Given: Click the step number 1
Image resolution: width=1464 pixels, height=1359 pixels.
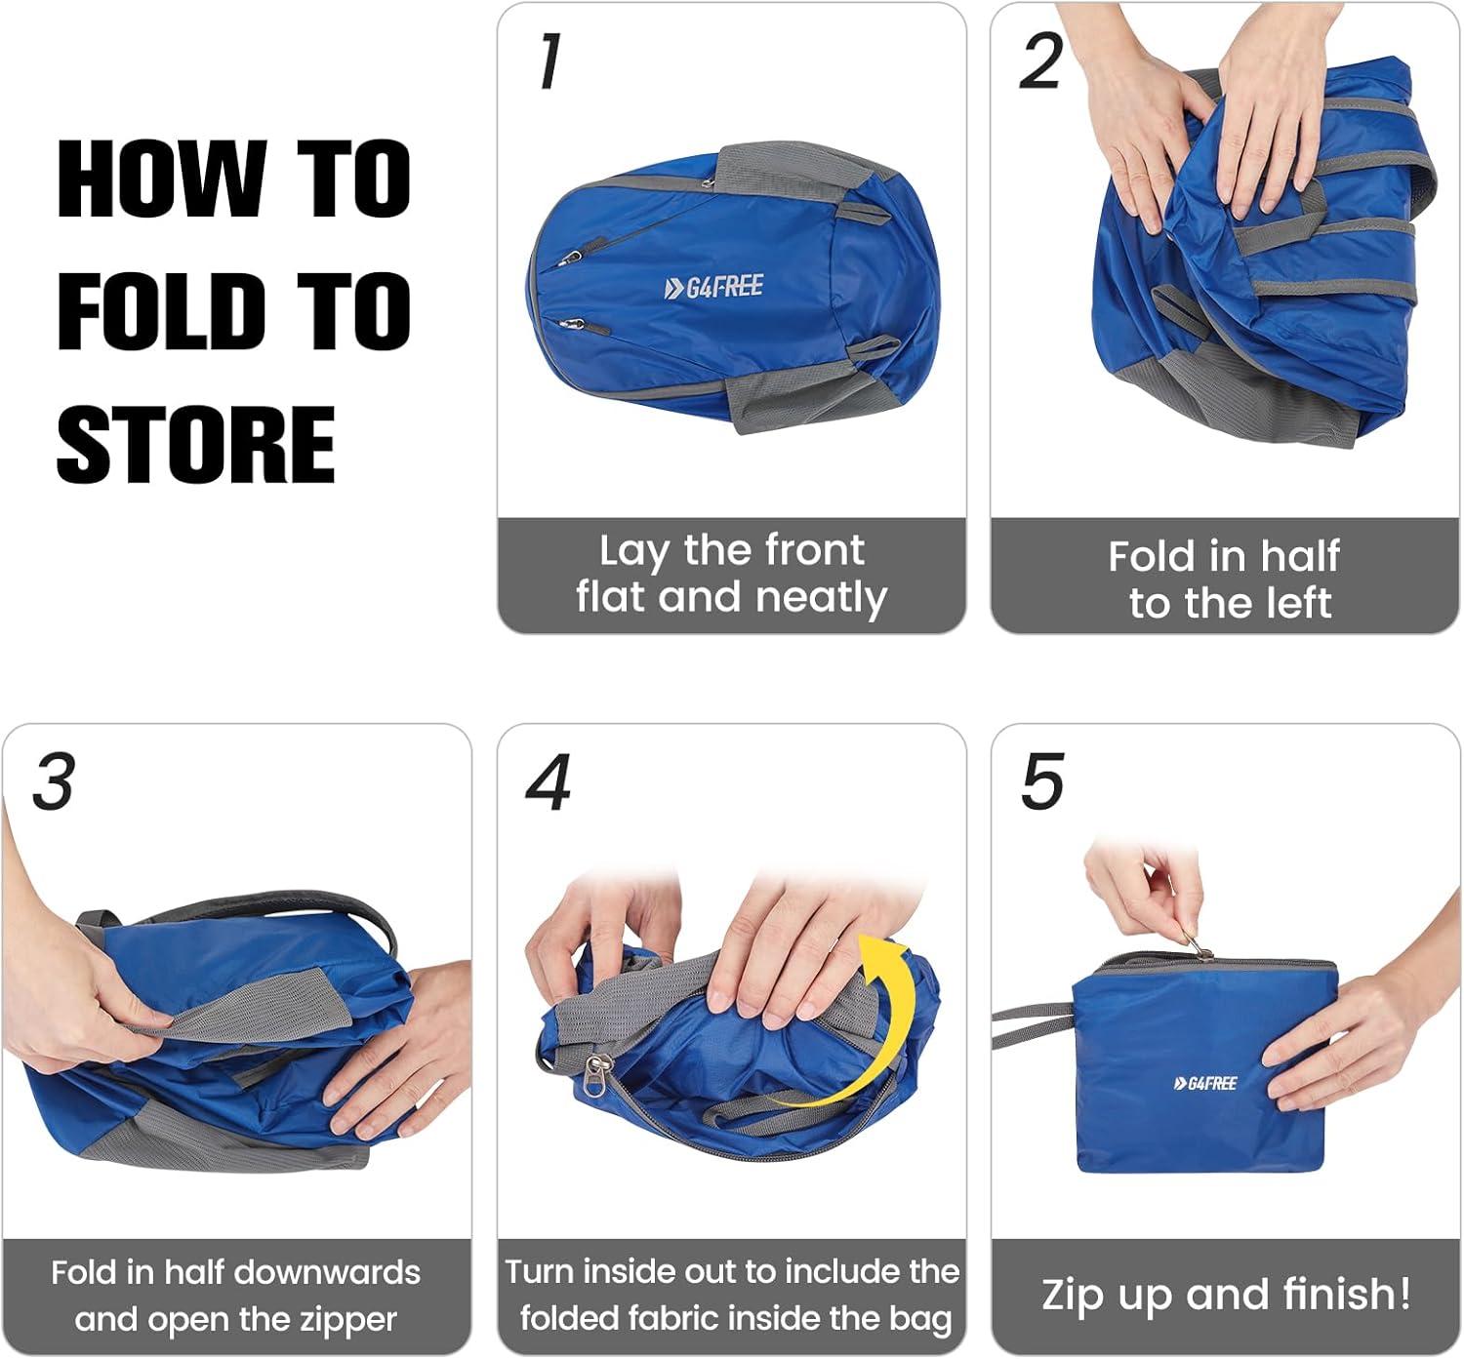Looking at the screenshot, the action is pyautogui.click(x=549, y=61).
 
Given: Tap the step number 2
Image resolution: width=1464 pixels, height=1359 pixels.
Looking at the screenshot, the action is pyautogui.click(x=1040, y=61).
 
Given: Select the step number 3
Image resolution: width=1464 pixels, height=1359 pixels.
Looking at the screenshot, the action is pyautogui.click(x=54, y=781).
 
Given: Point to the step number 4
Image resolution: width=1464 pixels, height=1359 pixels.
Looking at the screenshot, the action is pyautogui.click(x=549, y=781).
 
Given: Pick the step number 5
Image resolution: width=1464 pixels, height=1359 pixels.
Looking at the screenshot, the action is pyautogui.click(x=1042, y=781).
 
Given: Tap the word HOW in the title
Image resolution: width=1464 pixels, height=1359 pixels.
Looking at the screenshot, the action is pyautogui.click(x=162, y=179).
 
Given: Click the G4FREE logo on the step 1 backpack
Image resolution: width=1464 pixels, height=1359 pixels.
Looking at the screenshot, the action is pyautogui.click(x=713, y=287).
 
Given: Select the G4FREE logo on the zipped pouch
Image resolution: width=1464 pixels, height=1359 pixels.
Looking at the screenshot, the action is pyautogui.click(x=1205, y=1083).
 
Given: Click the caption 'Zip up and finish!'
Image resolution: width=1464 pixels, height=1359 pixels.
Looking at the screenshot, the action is pyautogui.click(x=1226, y=1295).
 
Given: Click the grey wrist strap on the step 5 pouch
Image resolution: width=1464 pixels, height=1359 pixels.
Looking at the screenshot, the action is pyautogui.click(x=1032, y=1025).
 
